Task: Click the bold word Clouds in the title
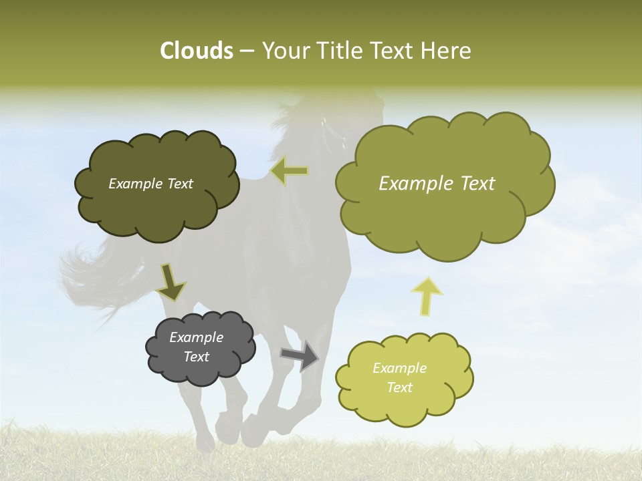pos(196,51)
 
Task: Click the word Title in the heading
pos(340,51)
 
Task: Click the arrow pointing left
pos(290,172)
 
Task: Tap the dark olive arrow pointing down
pos(171,283)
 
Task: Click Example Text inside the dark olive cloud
pos(150,184)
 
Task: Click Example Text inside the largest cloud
pos(437,184)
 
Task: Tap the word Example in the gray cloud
pos(196,337)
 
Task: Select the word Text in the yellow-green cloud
pos(399,387)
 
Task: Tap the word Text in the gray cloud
pos(196,357)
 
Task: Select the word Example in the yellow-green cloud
pos(399,368)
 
